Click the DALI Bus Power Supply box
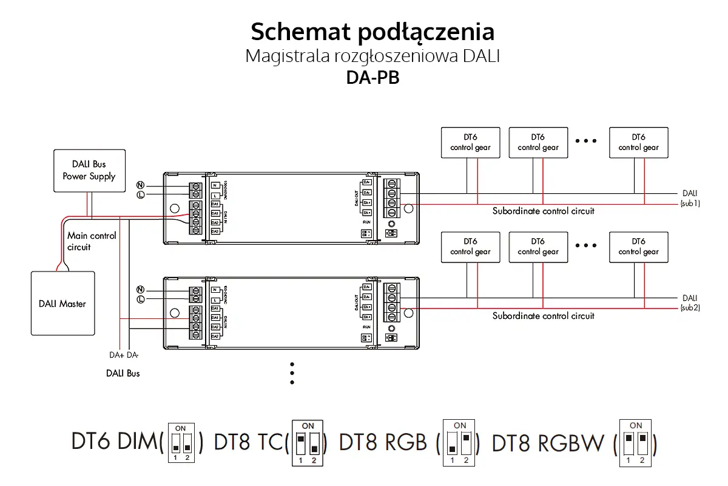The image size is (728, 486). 89,170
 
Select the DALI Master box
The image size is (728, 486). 62,303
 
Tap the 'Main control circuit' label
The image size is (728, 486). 91,241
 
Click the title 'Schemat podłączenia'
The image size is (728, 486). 372,31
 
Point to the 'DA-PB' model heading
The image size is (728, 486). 372,78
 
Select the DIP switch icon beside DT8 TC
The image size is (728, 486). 308,443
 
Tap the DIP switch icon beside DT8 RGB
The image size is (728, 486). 460,443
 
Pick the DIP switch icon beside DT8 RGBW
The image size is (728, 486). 635,443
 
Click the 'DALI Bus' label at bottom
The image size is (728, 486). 123,374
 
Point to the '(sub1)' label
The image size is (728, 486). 690,204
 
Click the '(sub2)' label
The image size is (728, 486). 690,308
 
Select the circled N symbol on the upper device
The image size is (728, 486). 140,185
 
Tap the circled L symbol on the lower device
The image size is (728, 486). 140,299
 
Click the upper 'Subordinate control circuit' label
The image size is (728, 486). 543,211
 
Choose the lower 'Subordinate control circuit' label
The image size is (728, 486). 543,316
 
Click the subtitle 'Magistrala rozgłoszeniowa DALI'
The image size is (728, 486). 372,57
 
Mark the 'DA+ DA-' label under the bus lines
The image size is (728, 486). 124,355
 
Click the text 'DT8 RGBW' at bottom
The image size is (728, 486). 547,443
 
